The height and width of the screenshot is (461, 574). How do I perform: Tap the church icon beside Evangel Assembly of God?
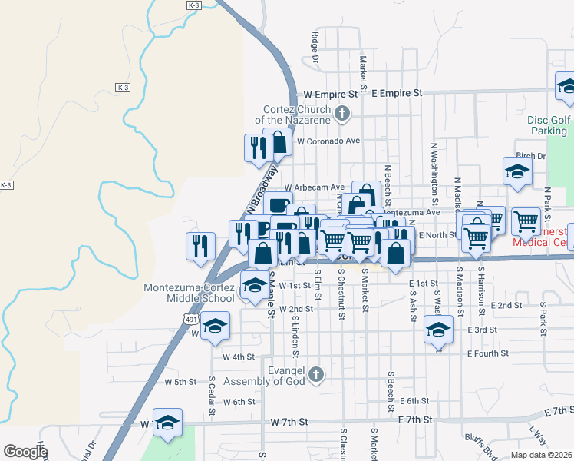coord(316,374)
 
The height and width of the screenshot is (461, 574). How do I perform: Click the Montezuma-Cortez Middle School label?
coord(190,294)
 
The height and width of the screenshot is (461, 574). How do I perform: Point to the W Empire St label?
coord(331,93)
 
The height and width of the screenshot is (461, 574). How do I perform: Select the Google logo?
coord(26,452)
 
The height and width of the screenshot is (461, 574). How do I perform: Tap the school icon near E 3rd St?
coord(438,330)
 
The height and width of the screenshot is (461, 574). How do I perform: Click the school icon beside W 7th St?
coord(167,422)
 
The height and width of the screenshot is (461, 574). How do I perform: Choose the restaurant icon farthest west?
coord(200,246)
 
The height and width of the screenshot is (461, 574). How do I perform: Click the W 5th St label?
coord(181,382)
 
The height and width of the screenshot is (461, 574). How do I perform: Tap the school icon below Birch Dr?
coord(517,172)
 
